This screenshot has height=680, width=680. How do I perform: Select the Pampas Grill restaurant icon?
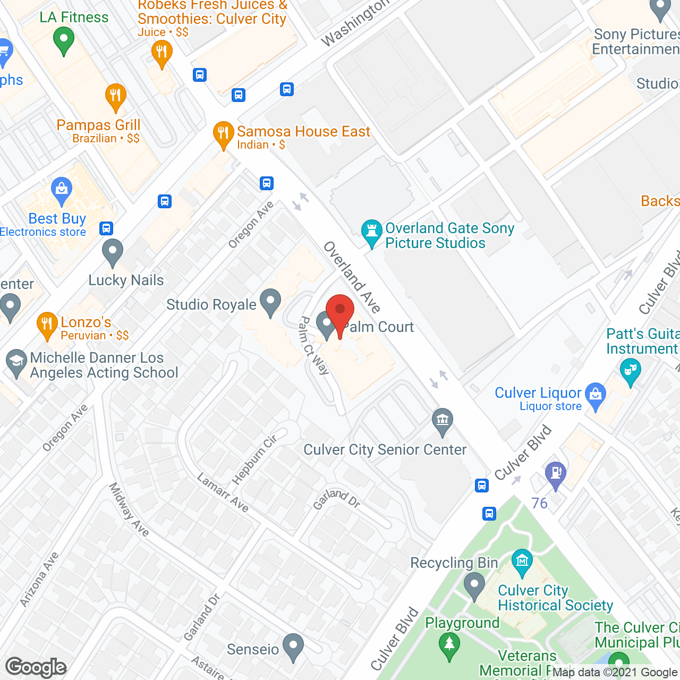115,96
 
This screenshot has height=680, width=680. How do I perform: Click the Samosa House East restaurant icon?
223,133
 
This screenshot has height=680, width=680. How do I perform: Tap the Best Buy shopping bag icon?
62,189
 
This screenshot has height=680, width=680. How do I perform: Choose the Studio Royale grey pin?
270,301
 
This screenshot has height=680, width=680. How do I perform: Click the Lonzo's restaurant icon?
47,324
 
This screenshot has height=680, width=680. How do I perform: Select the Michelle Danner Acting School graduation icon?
16,361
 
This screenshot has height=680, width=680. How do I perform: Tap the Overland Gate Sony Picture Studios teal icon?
371,232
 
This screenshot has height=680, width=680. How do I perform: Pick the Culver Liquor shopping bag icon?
596,395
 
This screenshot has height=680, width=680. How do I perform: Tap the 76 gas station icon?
556,473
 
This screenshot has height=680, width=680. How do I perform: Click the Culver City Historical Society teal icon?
522,561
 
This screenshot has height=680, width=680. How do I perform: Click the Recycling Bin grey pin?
474,586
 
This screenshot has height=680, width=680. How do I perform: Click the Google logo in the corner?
36,667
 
